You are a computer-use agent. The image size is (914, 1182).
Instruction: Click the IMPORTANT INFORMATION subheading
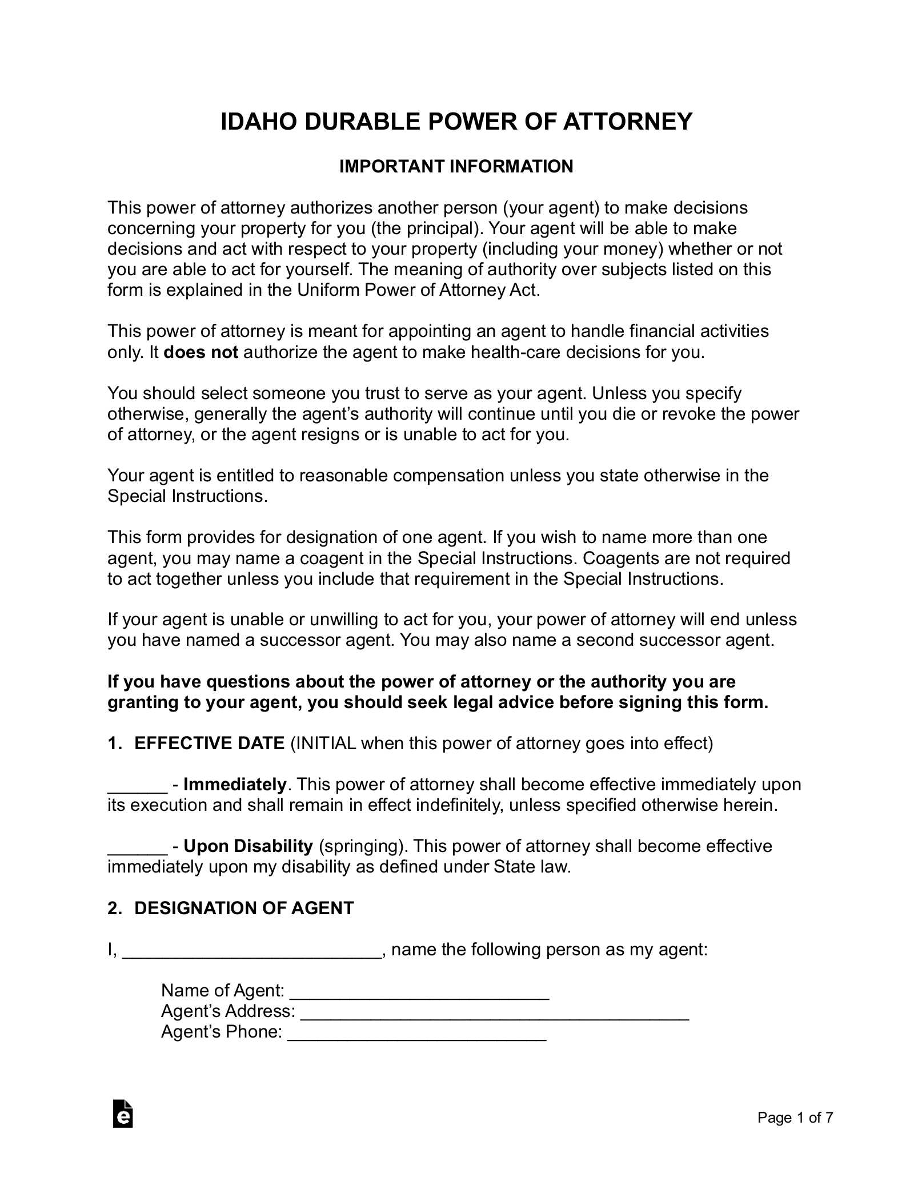click(456, 167)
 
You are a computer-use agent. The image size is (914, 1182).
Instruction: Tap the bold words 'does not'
click(201, 352)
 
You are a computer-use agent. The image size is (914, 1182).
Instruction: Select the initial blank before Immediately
click(137, 786)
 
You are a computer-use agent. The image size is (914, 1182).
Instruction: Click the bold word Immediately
click(234, 785)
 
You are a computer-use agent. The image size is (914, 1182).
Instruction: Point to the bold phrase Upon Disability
click(248, 846)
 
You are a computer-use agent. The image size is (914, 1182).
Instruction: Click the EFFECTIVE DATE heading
click(209, 743)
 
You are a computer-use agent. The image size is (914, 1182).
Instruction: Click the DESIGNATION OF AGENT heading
click(244, 908)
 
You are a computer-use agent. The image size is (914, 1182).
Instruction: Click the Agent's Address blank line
click(495, 1012)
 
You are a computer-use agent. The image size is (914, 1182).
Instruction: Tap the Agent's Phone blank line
click(416, 1033)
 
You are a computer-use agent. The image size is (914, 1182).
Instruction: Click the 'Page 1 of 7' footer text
click(795, 1133)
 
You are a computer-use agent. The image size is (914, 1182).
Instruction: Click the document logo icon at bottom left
click(123, 1129)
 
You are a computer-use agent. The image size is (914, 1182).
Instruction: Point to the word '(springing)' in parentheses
click(361, 846)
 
